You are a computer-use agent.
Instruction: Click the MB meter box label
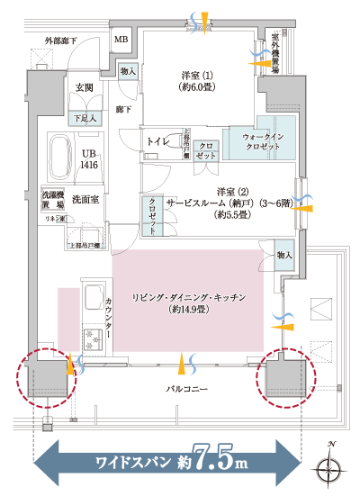pyautogui.click(x=121, y=40)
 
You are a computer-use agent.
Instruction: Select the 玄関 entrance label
pyautogui.click(x=85, y=87)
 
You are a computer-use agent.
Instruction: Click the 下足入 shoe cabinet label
pyautogui.click(x=85, y=118)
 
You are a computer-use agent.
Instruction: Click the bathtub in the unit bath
pyautogui.click(x=60, y=158)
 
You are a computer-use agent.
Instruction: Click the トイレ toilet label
pyautogui.click(x=158, y=141)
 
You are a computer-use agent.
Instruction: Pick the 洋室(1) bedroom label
pyautogui.click(x=195, y=80)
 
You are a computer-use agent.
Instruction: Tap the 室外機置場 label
pyautogui.click(x=274, y=55)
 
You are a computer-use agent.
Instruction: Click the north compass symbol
pyautogui.click(x=330, y=464)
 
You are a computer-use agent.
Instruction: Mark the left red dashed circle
pyautogui.click(x=46, y=376)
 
